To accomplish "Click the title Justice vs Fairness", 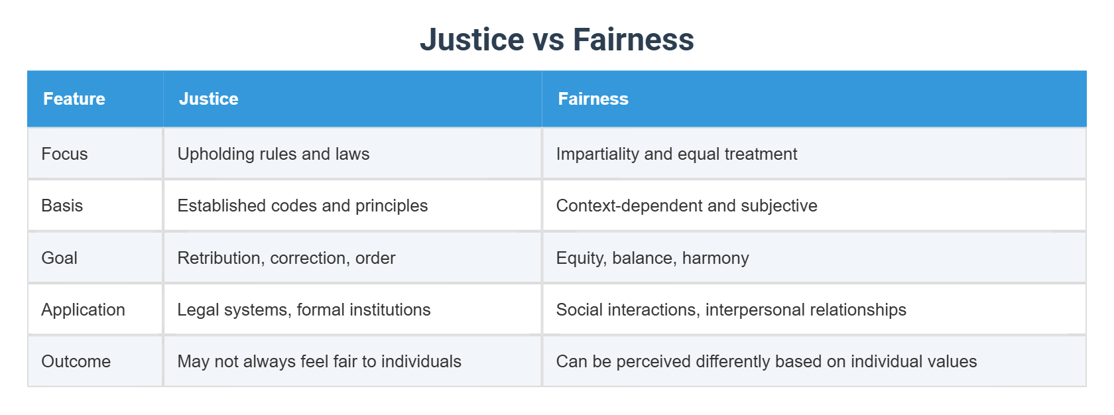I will tap(557, 39).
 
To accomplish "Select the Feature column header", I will tap(74, 99).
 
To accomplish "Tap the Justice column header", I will tap(208, 99).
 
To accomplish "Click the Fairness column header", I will tap(593, 99).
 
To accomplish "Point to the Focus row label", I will tap(64, 154).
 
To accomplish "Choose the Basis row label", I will tap(62, 206).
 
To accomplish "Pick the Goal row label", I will tap(59, 258).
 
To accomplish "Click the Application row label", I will tap(83, 310).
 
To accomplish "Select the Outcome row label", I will tap(76, 361).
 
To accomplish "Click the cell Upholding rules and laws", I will tap(273, 154).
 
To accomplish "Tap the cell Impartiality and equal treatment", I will tap(676, 154).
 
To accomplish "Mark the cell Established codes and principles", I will tap(302, 206).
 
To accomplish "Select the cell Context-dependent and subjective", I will tap(686, 206).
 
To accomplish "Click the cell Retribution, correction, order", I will tap(286, 258).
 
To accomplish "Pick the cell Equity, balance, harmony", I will tap(652, 258).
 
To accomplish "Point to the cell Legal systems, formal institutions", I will tap(304, 310).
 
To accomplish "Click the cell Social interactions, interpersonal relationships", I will tap(731, 310).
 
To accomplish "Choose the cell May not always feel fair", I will tap(319, 361).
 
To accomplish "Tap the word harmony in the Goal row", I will tap(715, 258).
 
